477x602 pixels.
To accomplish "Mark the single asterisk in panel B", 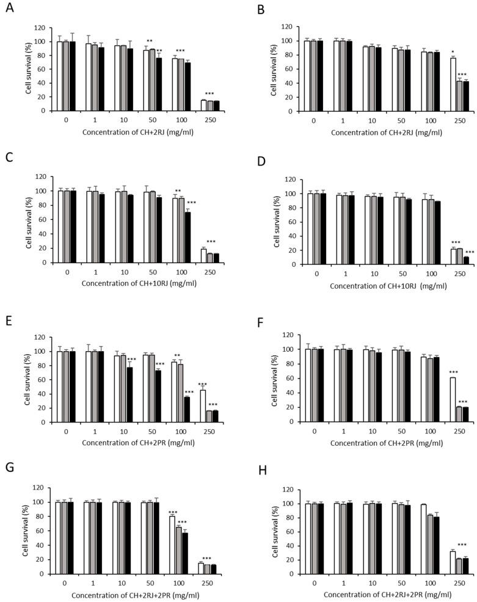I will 453,53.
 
